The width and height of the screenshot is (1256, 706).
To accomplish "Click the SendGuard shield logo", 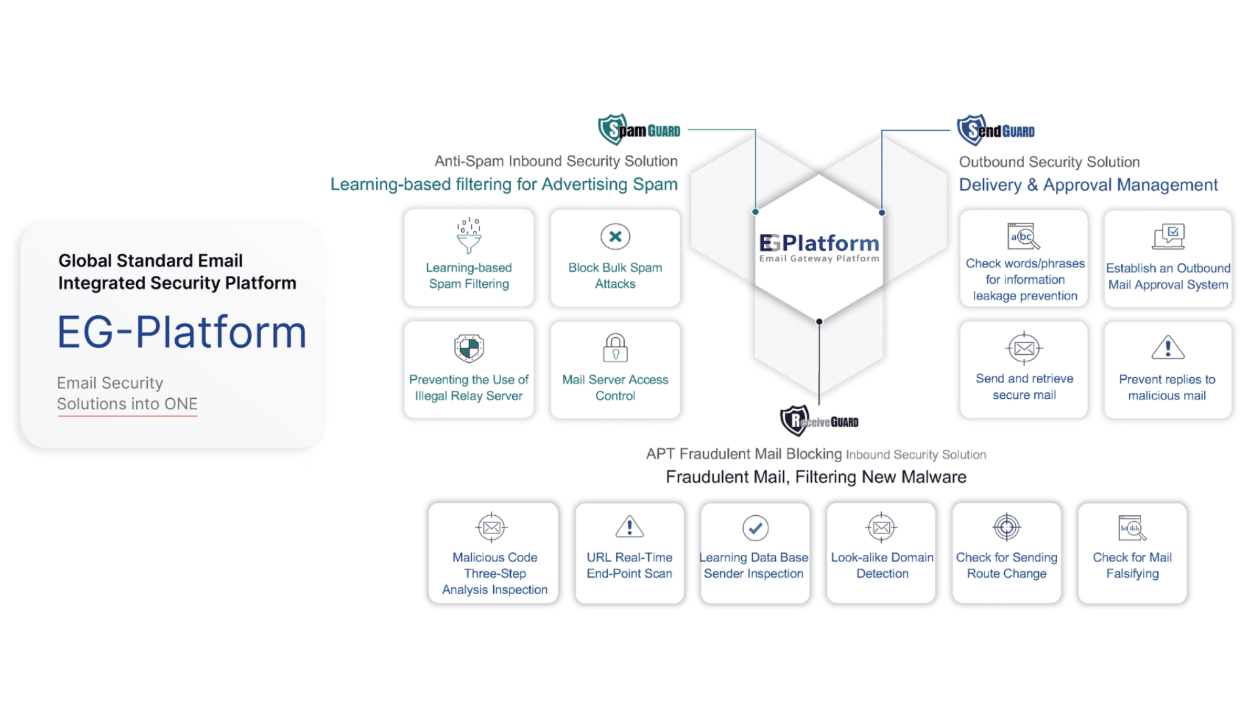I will [x=971, y=130].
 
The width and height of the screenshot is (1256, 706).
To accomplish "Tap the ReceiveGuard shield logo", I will [x=795, y=420].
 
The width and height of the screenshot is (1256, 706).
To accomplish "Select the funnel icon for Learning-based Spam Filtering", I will [x=469, y=237].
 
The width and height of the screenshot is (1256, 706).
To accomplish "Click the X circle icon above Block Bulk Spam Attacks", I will [x=615, y=237].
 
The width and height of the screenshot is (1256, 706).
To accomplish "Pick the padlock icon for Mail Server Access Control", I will [x=615, y=348].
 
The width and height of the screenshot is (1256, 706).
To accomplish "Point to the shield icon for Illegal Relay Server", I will [x=469, y=348].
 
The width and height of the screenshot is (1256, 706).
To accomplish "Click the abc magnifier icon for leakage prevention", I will [x=1024, y=237].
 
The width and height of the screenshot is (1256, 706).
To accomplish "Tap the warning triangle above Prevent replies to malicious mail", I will [x=1168, y=348].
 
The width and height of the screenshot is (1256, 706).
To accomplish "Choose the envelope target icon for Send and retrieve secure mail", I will [x=1024, y=348].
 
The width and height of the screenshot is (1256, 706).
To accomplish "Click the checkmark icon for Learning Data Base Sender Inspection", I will [x=755, y=528].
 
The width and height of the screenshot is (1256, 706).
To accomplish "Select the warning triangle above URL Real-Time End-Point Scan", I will [x=629, y=526].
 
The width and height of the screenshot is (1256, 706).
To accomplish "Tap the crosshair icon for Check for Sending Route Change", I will [x=1007, y=527].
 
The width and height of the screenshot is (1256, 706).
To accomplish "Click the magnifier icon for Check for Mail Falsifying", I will [x=1132, y=528].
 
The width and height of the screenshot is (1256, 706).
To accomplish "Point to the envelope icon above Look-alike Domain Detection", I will [x=881, y=528].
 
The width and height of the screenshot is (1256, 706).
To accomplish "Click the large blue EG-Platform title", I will [x=182, y=332].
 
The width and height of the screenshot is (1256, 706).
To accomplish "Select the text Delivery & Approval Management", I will [x=1088, y=185].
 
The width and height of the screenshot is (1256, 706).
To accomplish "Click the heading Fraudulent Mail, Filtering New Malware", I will [x=816, y=477].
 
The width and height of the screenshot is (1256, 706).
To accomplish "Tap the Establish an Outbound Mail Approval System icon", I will [x=1168, y=237].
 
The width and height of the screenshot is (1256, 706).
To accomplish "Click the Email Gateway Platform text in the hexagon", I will [x=819, y=259].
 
